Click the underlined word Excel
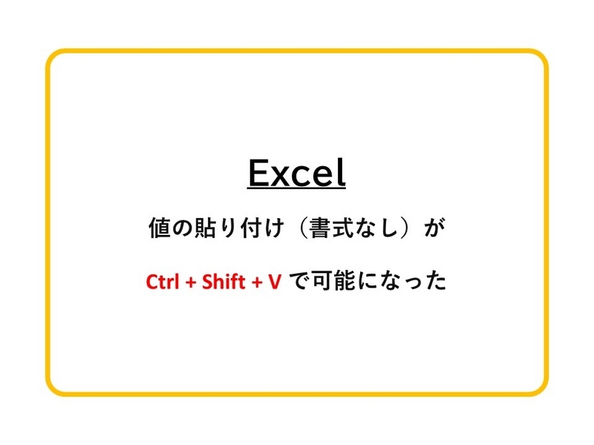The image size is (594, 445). click(x=296, y=173)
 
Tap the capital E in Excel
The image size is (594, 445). click(x=258, y=173)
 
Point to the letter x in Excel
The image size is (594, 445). click(x=281, y=177)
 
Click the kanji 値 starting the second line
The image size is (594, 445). click(x=160, y=228)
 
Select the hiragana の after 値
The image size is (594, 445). click(x=182, y=228)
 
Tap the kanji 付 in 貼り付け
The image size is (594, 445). click(x=251, y=228)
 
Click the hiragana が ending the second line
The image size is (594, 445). click(x=434, y=228)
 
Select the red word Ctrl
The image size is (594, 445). click(x=162, y=282)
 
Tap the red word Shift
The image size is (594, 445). click(x=223, y=282)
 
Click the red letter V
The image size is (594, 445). click(x=275, y=282)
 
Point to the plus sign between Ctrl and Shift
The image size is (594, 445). click(x=191, y=283)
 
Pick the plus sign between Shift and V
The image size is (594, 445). click(x=257, y=283)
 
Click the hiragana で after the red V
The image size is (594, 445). click(x=300, y=282)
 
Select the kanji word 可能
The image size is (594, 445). click(x=333, y=281)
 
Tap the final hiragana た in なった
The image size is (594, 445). click(x=436, y=282)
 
